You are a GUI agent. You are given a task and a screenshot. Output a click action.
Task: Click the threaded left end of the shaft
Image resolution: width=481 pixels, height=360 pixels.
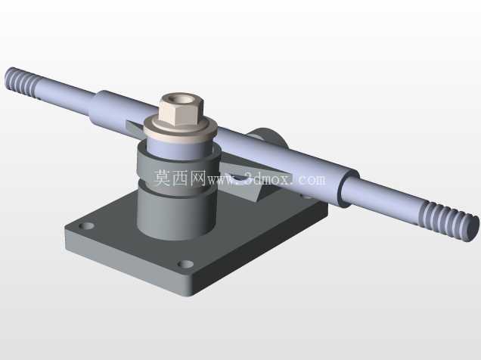[x=22, y=82]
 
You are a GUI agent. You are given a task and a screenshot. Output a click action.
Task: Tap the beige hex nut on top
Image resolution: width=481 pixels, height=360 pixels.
[x=181, y=109]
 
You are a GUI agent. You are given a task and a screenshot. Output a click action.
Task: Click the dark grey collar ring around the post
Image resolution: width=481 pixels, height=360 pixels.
[x=178, y=171]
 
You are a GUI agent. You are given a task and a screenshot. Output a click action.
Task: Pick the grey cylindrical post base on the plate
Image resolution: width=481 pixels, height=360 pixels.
[x=176, y=215]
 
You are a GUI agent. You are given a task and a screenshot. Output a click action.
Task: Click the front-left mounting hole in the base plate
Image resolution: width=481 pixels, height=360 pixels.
[x=86, y=226]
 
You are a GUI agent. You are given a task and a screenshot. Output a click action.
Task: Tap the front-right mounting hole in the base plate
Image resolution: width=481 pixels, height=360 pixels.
[x=186, y=264]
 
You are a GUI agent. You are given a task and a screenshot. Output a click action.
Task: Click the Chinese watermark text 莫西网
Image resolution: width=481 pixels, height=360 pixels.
[x=180, y=178]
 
